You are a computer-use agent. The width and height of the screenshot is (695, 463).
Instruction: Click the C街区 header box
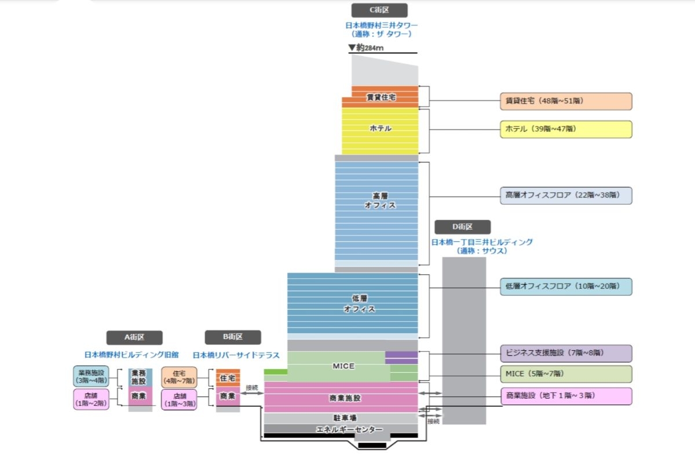(379, 10)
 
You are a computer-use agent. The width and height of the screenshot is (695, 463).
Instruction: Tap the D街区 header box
(463, 227)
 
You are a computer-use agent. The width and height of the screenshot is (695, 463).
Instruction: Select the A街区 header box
(134, 337)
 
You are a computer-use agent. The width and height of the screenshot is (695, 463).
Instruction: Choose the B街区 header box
(233, 337)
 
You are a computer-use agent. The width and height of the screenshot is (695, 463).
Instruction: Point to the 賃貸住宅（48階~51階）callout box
(565, 101)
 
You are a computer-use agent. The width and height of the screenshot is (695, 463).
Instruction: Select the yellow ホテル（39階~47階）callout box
(565, 129)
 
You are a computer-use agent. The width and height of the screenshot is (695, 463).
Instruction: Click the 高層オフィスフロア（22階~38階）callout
(565, 196)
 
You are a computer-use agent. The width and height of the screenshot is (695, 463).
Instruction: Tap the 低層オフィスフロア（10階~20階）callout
(565, 286)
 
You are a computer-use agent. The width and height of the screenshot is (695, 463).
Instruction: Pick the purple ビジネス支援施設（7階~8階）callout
(565, 353)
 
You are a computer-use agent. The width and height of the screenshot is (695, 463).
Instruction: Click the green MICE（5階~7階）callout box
(565, 374)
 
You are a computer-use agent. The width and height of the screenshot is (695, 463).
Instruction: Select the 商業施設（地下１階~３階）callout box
(565, 396)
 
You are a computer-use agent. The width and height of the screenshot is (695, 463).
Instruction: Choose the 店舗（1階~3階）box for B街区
(179, 399)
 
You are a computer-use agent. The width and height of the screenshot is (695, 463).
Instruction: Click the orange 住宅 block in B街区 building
(227, 378)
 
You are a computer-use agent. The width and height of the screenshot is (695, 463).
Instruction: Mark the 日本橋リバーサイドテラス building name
(236, 355)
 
